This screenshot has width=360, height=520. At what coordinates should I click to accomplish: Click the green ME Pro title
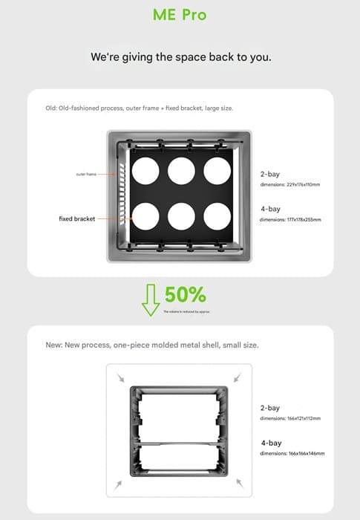[x=180, y=15]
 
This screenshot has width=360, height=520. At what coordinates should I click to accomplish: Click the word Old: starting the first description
[x=53, y=108]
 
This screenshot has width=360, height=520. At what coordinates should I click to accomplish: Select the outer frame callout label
[x=86, y=174]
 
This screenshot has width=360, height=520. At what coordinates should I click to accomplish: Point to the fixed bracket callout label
[x=77, y=219]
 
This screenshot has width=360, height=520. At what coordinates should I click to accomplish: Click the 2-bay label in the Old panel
[x=269, y=174]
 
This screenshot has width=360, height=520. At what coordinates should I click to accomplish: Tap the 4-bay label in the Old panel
[x=269, y=209]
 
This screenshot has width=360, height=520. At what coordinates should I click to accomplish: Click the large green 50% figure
[x=185, y=294]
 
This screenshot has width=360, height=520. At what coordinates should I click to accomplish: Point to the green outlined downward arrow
[x=151, y=299]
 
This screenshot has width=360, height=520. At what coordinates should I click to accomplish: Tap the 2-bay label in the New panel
[x=269, y=408]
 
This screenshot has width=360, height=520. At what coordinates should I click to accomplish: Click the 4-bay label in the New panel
[x=269, y=443]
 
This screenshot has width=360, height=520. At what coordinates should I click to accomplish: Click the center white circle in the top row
[x=181, y=171]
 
